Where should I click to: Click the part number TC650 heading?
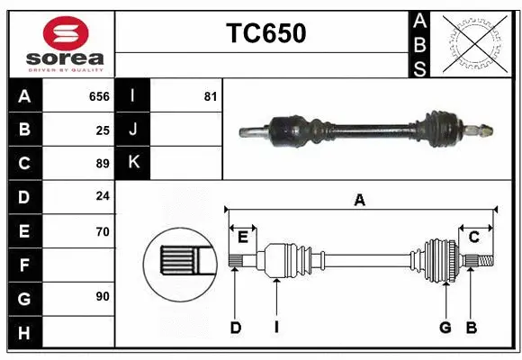point(265,33)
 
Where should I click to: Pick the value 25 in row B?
point(103,130)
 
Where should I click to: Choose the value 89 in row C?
point(103,164)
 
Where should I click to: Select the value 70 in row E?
point(103,231)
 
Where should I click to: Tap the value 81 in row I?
point(211,96)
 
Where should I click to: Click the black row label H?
point(24,332)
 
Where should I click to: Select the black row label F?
point(24,265)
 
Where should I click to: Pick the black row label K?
point(133,163)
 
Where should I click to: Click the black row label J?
point(133,130)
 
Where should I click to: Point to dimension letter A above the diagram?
point(360,201)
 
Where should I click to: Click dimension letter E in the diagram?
point(243,236)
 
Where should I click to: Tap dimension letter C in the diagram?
point(473,236)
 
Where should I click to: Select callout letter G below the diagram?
point(445,328)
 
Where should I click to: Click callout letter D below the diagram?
point(236,328)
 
